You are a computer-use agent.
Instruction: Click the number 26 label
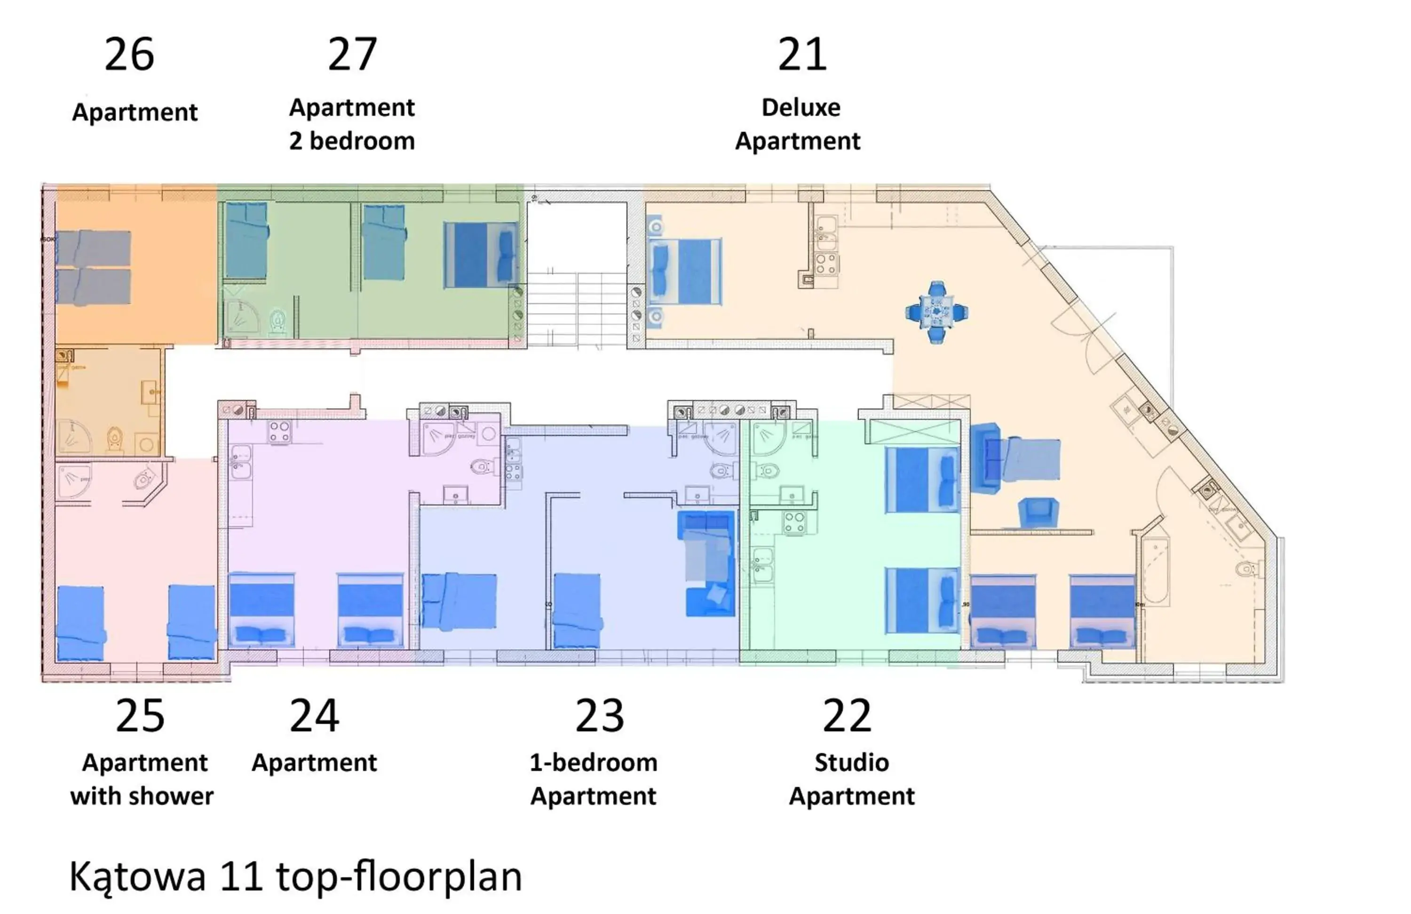pos(129,55)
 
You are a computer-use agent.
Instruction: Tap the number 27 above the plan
pos(352,55)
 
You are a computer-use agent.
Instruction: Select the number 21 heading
pos(801,55)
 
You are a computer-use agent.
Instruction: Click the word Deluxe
pos(801,107)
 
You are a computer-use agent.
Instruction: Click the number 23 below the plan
pos(599,715)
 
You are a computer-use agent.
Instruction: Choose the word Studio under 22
pos(851,762)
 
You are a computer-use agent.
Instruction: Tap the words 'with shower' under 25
pos(142,796)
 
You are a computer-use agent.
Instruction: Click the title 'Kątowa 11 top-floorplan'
pos(295,875)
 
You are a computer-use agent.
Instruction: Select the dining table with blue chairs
pos(937,312)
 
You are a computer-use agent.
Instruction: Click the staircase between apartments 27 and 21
pos(577,308)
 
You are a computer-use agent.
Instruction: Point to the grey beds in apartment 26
pos(94,267)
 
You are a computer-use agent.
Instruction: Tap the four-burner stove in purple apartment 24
pos(279,431)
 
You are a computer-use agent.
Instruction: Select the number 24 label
pos(314,715)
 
